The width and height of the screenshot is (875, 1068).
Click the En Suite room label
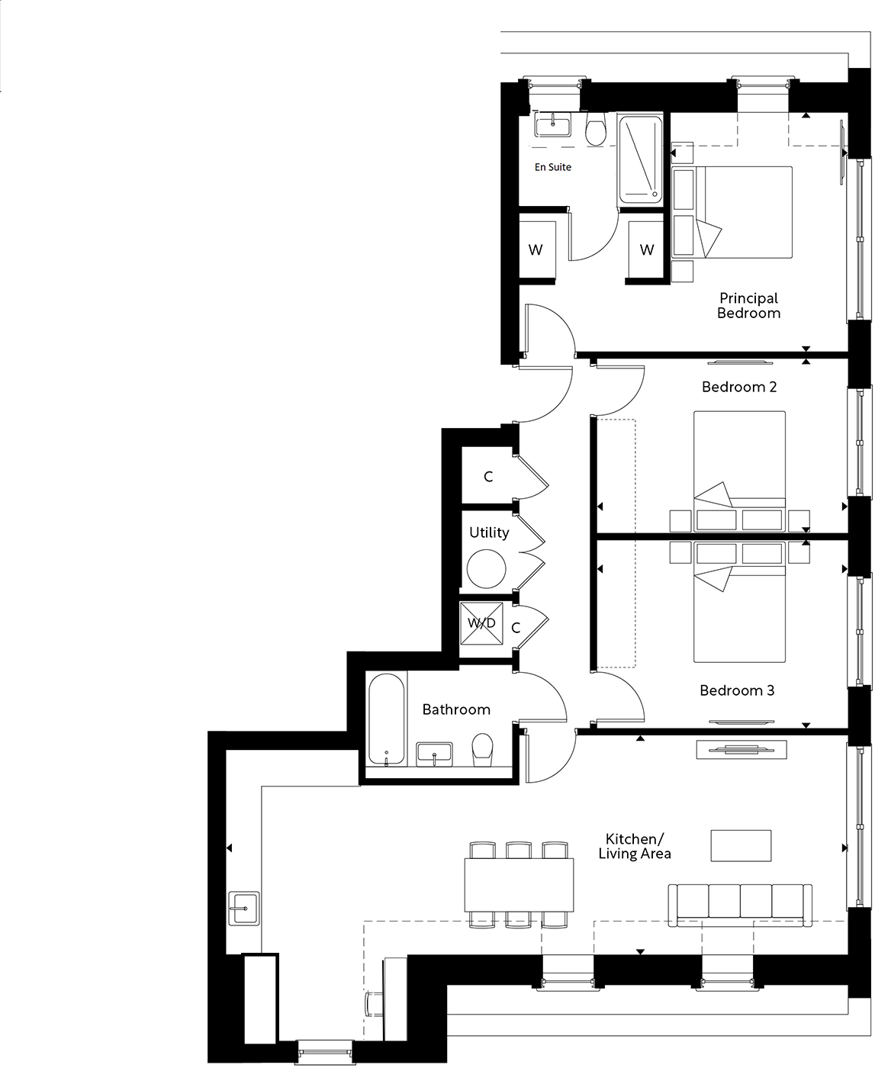(x=552, y=167)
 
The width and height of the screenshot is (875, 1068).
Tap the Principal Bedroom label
(x=748, y=305)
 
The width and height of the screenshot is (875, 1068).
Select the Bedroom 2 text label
(x=738, y=387)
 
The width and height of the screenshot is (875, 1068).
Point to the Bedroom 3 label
(x=737, y=690)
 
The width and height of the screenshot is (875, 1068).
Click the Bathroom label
(x=456, y=709)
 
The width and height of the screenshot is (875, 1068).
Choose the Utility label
(x=489, y=532)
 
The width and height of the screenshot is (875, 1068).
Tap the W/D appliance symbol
(x=482, y=623)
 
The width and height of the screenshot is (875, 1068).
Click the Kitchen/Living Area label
(x=635, y=846)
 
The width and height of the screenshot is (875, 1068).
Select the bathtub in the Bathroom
(x=387, y=719)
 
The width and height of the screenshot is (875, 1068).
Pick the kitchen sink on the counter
(x=244, y=908)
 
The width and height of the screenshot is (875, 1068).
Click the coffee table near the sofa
(x=741, y=845)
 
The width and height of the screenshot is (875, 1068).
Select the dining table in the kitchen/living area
(x=520, y=884)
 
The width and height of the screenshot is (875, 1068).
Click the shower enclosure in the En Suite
(x=639, y=159)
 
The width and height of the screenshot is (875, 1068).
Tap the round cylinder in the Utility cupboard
(x=487, y=569)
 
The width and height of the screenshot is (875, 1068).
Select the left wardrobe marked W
(x=536, y=249)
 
